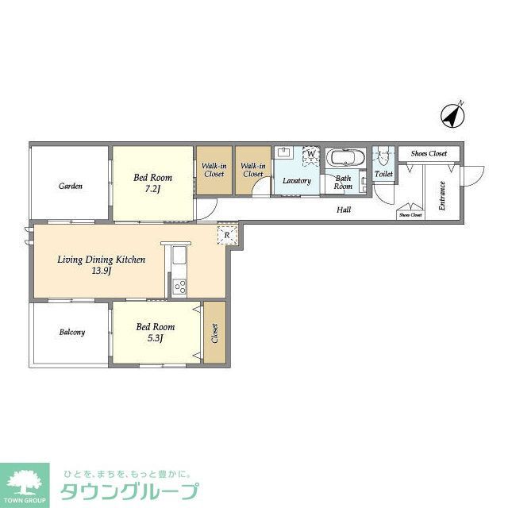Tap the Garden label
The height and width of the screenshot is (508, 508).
71,187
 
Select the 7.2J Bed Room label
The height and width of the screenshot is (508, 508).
153,183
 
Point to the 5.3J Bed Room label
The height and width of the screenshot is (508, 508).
154,332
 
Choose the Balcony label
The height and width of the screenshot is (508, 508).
71,332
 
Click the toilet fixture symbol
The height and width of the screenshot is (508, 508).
383,156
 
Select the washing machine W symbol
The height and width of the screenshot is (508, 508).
311,153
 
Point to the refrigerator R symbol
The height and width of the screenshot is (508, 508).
227,236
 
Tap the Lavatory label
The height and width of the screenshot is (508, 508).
297,180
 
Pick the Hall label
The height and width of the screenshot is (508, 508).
344,210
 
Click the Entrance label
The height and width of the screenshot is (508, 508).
441,197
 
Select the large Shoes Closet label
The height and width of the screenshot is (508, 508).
429,153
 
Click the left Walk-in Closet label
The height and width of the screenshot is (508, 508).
214,169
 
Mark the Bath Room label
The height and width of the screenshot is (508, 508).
343,183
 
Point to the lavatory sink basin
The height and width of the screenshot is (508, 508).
284,153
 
